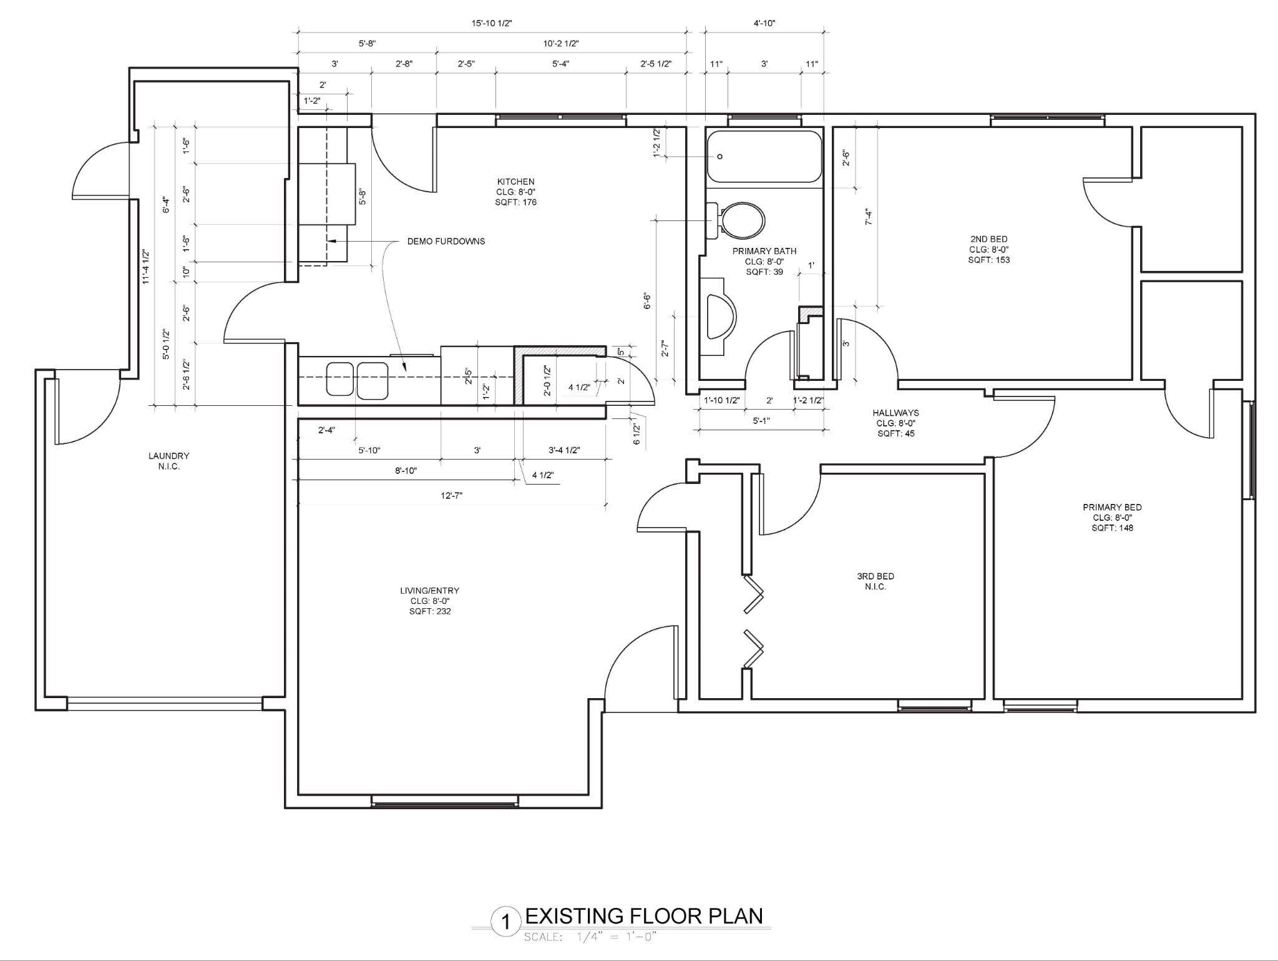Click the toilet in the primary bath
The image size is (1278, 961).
(x=736, y=220)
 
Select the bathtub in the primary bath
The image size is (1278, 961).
(x=764, y=156)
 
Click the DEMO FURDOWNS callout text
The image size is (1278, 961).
(x=446, y=241)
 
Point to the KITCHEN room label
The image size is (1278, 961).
(x=515, y=182)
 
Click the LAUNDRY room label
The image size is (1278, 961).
(x=168, y=456)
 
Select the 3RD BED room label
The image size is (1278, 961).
(x=876, y=576)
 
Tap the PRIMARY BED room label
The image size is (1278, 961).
(x=1112, y=507)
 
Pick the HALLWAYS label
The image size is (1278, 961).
(x=895, y=413)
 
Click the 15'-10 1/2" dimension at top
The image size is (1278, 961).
(x=492, y=24)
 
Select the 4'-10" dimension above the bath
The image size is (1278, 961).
(x=764, y=24)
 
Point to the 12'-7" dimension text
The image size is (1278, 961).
(x=451, y=496)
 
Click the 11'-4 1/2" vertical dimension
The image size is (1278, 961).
(x=145, y=267)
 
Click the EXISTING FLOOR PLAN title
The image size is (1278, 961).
(x=644, y=916)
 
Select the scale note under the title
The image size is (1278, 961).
(x=591, y=937)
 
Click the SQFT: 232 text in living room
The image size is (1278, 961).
(x=430, y=611)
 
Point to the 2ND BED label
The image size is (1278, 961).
(x=988, y=239)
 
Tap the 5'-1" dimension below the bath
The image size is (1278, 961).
(x=761, y=421)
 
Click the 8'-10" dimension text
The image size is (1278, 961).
(x=406, y=471)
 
